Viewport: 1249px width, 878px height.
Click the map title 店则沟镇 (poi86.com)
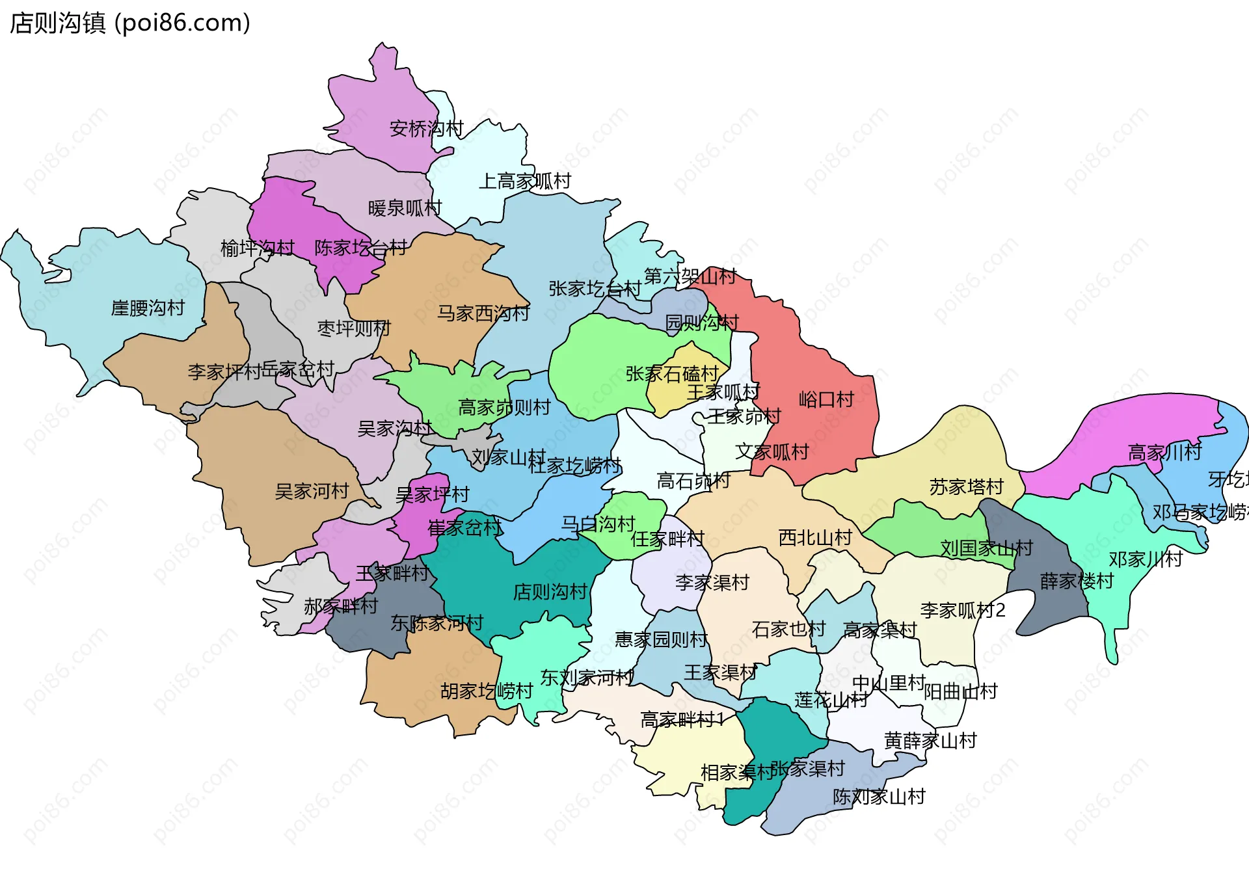[130, 23]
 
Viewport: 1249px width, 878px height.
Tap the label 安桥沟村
[426, 128]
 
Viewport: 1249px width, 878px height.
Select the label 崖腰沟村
[148, 308]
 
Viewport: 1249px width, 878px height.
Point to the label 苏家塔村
[966, 486]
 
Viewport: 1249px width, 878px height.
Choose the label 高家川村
[1164, 452]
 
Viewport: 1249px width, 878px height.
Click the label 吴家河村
[312, 491]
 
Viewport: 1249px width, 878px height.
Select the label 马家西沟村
[483, 313]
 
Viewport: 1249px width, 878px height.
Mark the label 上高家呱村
[524, 181]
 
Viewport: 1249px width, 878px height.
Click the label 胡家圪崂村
[487, 691]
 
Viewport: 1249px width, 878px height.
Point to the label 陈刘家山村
[879, 796]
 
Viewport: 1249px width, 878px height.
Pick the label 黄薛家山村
[930, 740]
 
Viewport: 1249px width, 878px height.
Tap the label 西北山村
[815, 537]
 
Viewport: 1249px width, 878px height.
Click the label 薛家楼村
[1077, 581]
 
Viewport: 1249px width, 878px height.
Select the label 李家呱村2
[962, 610]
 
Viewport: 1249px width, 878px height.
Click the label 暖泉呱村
[405, 208]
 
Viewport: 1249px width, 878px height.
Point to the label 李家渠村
[712, 582]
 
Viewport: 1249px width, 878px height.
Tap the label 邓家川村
[1145, 559]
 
